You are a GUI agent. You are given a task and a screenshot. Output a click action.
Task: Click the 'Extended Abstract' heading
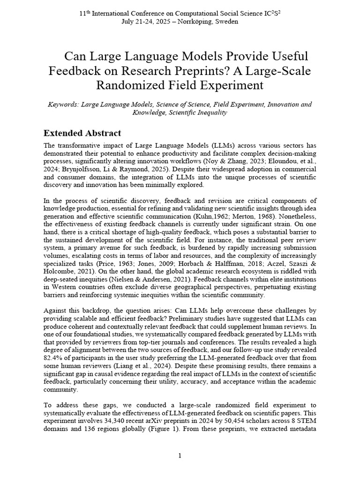pyautogui.click(x=82, y=133)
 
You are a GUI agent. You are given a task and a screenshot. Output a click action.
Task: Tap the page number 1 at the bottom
pyautogui.click(x=180, y=456)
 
